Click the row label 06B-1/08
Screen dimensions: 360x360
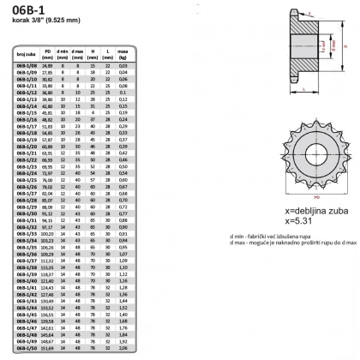click(27, 65)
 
